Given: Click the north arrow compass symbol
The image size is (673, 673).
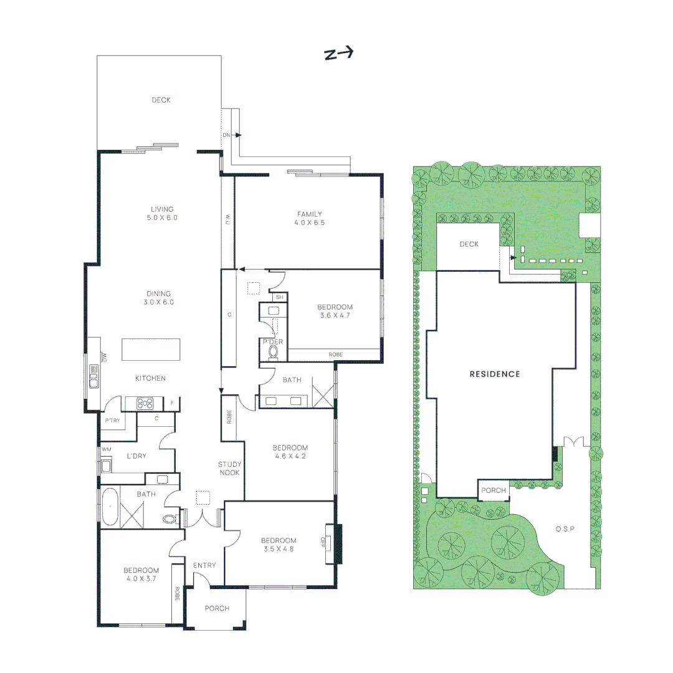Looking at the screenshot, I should click(x=338, y=54).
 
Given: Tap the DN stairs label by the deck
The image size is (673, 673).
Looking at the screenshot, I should click(x=226, y=135).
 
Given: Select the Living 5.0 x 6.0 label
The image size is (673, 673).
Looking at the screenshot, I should click(x=161, y=214).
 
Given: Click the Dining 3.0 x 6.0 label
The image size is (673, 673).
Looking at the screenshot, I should click(x=159, y=298).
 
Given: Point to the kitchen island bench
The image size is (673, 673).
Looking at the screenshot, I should click(x=151, y=349).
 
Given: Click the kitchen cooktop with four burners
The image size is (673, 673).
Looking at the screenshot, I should click(x=145, y=404).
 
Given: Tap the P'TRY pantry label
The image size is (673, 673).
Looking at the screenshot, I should click(x=113, y=421).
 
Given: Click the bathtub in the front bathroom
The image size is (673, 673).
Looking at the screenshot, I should click(x=110, y=507).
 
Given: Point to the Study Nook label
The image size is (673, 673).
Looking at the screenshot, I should click(x=229, y=469).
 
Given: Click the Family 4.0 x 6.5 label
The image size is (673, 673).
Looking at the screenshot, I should click(x=309, y=218).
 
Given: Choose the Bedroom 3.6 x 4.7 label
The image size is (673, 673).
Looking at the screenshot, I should click(x=335, y=311).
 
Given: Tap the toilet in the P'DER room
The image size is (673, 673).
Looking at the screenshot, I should click(x=274, y=351).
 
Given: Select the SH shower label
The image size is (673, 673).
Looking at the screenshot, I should click(x=279, y=297).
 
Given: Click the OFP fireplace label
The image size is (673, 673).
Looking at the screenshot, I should click(x=323, y=543).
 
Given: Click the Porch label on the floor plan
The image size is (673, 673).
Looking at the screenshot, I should click(x=217, y=608).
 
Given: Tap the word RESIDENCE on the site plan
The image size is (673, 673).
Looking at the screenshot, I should click(x=494, y=374).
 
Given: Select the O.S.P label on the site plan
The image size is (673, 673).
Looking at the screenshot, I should click(x=564, y=528).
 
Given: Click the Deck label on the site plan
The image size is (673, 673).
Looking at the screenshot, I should click(x=469, y=244).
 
